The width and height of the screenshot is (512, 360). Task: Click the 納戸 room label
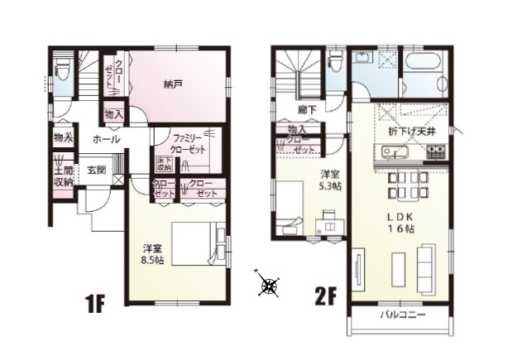click(x=173, y=84)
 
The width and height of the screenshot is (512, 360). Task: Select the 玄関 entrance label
click(x=96, y=170)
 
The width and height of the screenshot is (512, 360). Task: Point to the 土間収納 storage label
click(x=63, y=175)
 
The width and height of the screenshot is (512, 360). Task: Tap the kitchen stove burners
click(x=436, y=151)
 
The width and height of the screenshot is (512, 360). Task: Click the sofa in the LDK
click(x=425, y=267)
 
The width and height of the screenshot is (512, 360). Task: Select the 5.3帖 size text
click(x=330, y=186)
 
